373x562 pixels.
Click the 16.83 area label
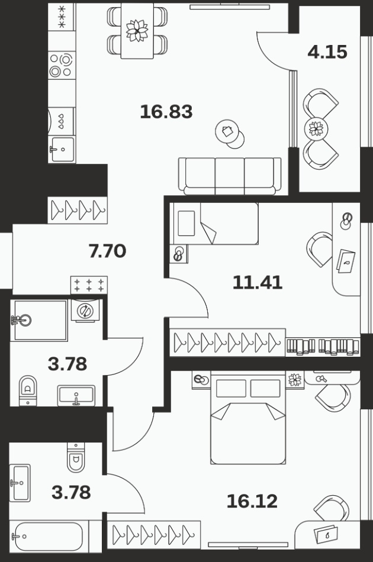point(166,111)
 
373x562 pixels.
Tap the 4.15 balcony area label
point(327,52)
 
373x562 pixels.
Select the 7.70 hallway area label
point(107,251)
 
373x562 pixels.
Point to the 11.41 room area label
point(257,282)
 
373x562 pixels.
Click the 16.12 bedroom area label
point(252,501)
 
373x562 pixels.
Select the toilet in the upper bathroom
point(28,390)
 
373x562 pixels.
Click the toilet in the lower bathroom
point(76,457)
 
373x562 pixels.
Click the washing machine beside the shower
point(85,311)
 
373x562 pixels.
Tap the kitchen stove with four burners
point(62,65)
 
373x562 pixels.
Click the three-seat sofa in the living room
point(230,176)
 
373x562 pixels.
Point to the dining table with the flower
point(137,31)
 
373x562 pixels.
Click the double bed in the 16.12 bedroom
point(248,418)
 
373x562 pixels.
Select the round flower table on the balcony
point(316,128)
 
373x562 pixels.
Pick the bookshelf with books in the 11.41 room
point(323,347)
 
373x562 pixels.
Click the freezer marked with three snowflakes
point(62,16)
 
